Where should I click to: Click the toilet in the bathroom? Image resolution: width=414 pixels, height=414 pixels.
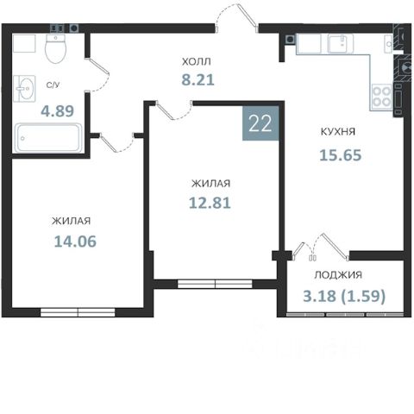click(x=55, y=48)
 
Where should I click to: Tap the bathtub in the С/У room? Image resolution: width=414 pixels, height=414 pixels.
click(x=48, y=138)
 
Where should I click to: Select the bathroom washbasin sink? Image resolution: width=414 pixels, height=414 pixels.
click(x=25, y=89)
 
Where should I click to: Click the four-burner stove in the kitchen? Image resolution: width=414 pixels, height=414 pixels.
click(x=381, y=97)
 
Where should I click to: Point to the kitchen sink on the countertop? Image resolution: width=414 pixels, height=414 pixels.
click(x=341, y=44)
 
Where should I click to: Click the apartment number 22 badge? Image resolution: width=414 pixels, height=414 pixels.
click(x=260, y=123)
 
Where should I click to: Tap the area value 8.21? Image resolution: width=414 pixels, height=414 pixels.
click(x=198, y=79)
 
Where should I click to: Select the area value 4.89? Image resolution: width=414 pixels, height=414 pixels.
click(x=58, y=110)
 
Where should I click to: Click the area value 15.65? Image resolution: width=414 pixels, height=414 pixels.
click(x=341, y=155)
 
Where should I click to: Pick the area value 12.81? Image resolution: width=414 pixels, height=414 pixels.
click(x=210, y=203)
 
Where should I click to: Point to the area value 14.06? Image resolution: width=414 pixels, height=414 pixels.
click(x=75, y=241)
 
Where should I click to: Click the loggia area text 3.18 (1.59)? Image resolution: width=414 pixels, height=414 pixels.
click(x=344, y=296)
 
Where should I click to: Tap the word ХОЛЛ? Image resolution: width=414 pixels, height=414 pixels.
click(x=197, y=61)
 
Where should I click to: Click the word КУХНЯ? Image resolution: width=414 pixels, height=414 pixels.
click(x=338, y=132)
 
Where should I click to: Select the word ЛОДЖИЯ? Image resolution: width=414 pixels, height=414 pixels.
click(x=338, y=275)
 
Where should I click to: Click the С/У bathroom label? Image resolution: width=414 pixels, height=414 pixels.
click(x=53, y=85)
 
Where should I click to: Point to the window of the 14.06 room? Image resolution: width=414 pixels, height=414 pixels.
click(x=78, y=312)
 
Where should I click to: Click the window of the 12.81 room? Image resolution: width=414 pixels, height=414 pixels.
click(x=215, y=284)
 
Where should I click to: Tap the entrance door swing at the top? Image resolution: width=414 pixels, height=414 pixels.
click(x=235, y=16)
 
